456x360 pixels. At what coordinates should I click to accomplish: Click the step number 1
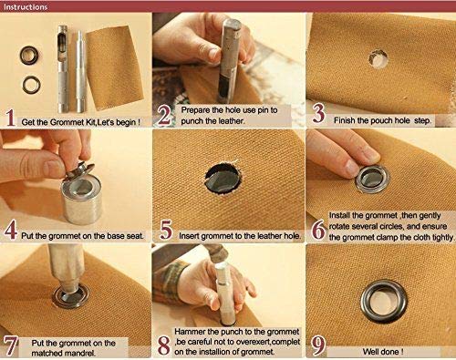(x=11, y=118)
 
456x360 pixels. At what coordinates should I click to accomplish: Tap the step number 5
(x=166, y=231)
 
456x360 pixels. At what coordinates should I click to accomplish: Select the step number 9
(x=318, y=346)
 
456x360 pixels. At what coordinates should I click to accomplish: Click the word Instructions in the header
(x=26, y=6)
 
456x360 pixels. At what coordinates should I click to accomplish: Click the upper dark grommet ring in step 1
(x=29, y=55)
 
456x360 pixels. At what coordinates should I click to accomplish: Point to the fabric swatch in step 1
(x=115, y=67)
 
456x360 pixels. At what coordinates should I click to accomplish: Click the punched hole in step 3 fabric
(x=378, y=58)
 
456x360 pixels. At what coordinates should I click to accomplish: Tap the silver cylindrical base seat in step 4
(x=81, y=201)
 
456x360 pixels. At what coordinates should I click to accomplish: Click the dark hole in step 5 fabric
(x=223, y=179)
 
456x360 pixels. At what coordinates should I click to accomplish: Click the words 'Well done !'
(x=383, y=352)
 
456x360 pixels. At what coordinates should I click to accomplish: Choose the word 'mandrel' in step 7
(x=79, y=354)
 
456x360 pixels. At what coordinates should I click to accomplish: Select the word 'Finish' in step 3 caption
(x=345, y=120)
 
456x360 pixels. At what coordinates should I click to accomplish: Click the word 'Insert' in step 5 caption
(x=189, y=236)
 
